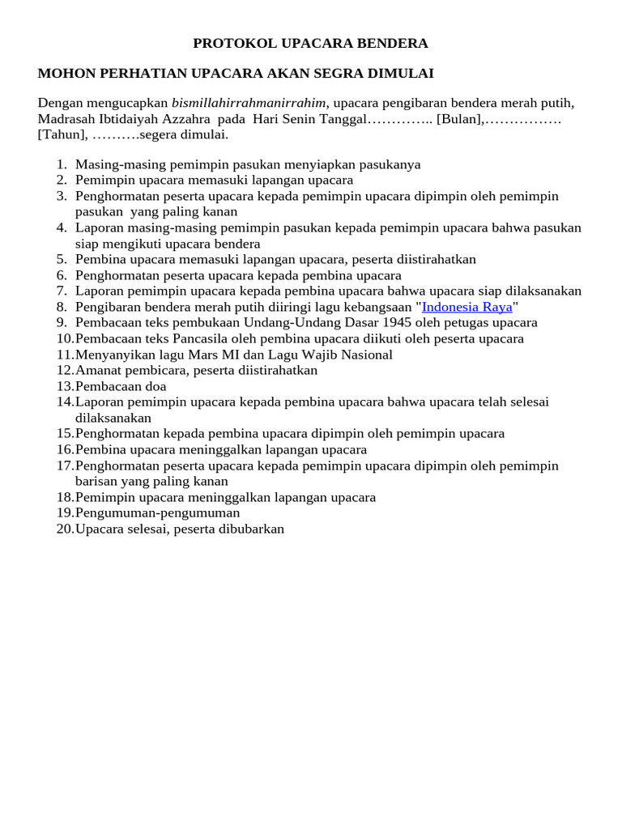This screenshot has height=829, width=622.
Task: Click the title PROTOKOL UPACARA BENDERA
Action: (x=310, y=43)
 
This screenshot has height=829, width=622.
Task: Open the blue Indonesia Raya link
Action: (x=467, y=307)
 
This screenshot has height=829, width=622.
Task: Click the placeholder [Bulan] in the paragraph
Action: (x=459, y=119)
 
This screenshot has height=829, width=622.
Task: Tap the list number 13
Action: (x=65, y=386)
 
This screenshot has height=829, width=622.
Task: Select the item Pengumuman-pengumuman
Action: (x=158, y=512)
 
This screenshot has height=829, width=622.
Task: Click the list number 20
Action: (x=65, y=529)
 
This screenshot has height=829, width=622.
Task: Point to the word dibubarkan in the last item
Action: (x=253, y=529)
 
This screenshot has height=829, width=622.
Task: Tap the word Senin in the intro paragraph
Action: (x=305, y=119)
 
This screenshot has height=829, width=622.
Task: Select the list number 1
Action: (x=62, y=164)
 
